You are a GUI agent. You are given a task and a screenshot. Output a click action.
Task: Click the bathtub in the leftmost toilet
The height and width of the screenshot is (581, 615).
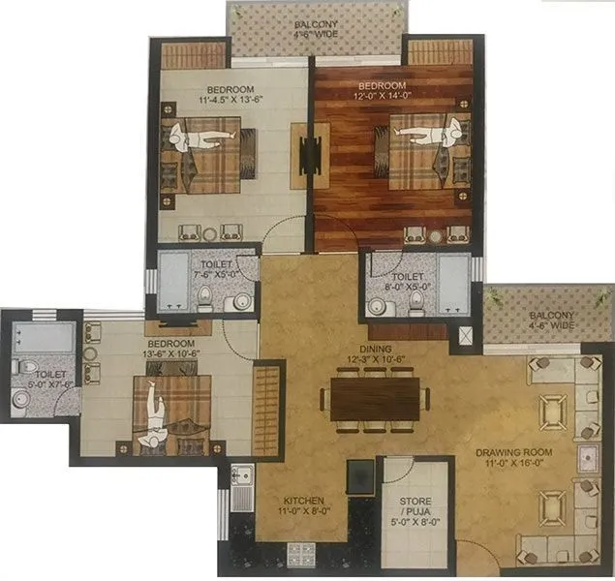tap(44, 337)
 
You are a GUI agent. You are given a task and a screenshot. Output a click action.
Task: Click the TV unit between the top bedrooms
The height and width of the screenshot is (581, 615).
tap(310, 153)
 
